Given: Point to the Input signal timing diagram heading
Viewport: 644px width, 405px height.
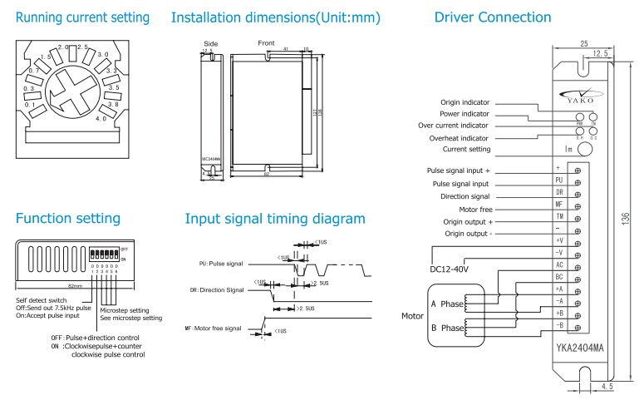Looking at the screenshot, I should click(x=274, y=219).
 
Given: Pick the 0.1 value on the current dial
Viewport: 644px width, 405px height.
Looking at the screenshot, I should click(x=31, y=105).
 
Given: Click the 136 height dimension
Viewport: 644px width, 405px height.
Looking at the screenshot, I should click(x=625, y=218).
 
